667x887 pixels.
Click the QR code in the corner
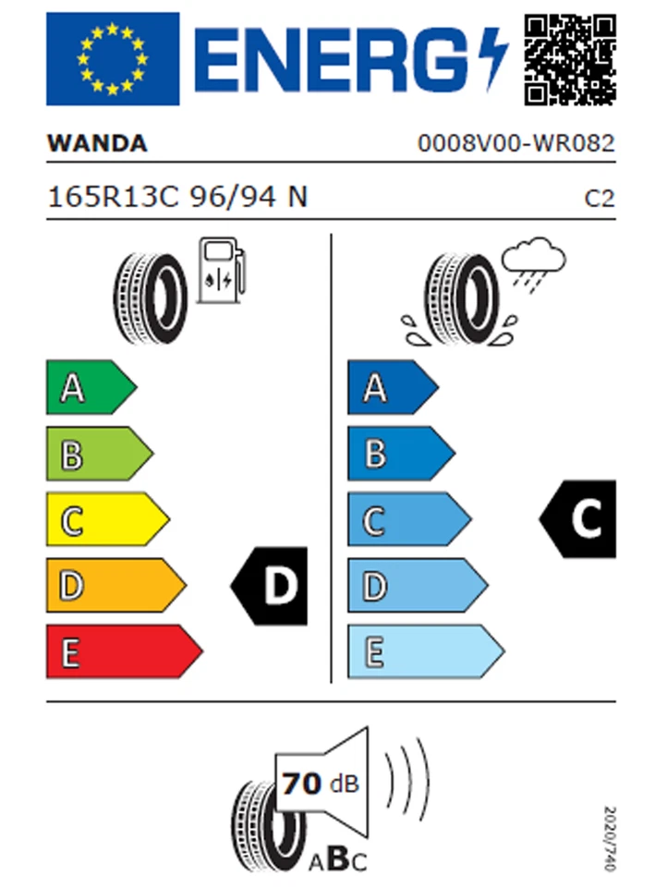tap(570, 59)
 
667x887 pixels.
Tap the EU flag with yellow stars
tap(113, 59)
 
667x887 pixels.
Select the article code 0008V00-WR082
tap(515, 144)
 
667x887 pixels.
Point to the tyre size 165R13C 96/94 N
tap(177, 197)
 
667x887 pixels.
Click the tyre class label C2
tap(600, 198)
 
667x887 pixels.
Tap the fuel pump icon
tap(222, 271)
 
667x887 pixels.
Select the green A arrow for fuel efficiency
tap(90, 388)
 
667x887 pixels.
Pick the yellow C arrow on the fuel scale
tap(105, 520)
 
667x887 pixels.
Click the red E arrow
tap(122, 652)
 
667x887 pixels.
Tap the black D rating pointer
tap(271, 586)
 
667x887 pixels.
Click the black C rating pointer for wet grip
tap(579, 519)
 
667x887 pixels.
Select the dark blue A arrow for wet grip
tap(391, 388)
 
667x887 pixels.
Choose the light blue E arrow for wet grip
tap(423, 652)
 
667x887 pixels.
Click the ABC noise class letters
tap(338, 861)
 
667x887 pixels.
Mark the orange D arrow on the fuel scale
tap(114, 586)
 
